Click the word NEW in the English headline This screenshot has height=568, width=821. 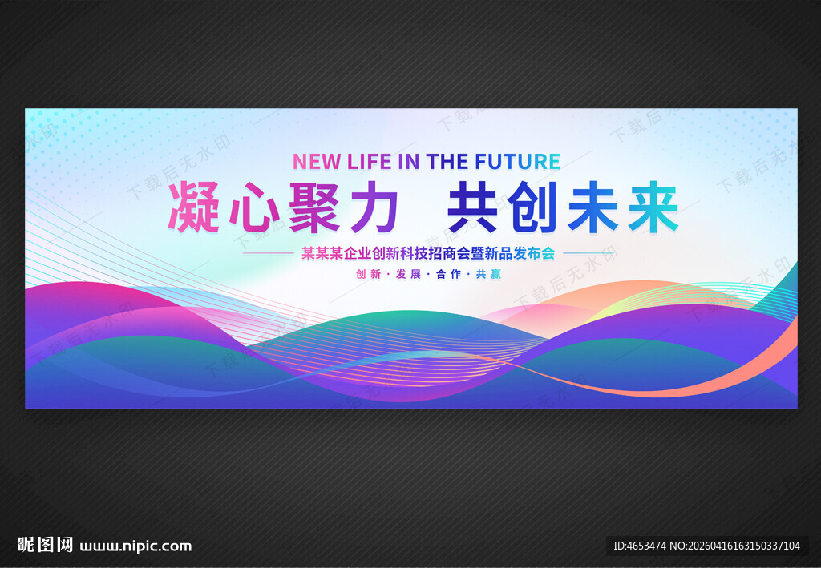pyautogui.click(x=317, y=161)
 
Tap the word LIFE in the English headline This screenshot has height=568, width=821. pyautogui.click(x=370, y=161)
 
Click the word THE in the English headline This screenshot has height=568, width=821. pyautogui.click(x=447, y=161)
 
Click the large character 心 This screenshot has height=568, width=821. pyautogui.click(x=254, y=207)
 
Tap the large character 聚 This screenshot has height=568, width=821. pyautogui.click(x=313, y=207)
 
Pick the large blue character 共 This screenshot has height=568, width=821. pyautogui.click(x=473, y=207)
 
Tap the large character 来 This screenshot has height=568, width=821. pyautogui.click(x=652, y=207)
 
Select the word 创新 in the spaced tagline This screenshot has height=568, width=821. pyautogui.click(x=368, y=274)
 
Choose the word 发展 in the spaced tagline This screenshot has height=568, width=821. pyautogui.click(x=408, y=274)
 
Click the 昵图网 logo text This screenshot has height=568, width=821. pyautogui.click(x=46, y=546)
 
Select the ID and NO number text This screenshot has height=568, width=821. pyautogui.click(x=706, y=546)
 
